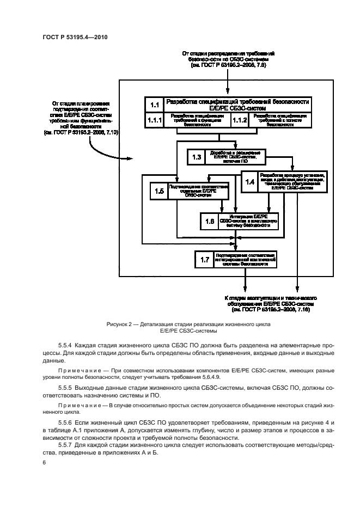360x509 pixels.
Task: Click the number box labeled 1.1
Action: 154,105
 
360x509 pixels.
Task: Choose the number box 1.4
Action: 250,182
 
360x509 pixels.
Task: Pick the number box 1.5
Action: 159,191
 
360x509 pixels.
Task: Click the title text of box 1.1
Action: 238,105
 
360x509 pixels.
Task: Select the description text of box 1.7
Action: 245,259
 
